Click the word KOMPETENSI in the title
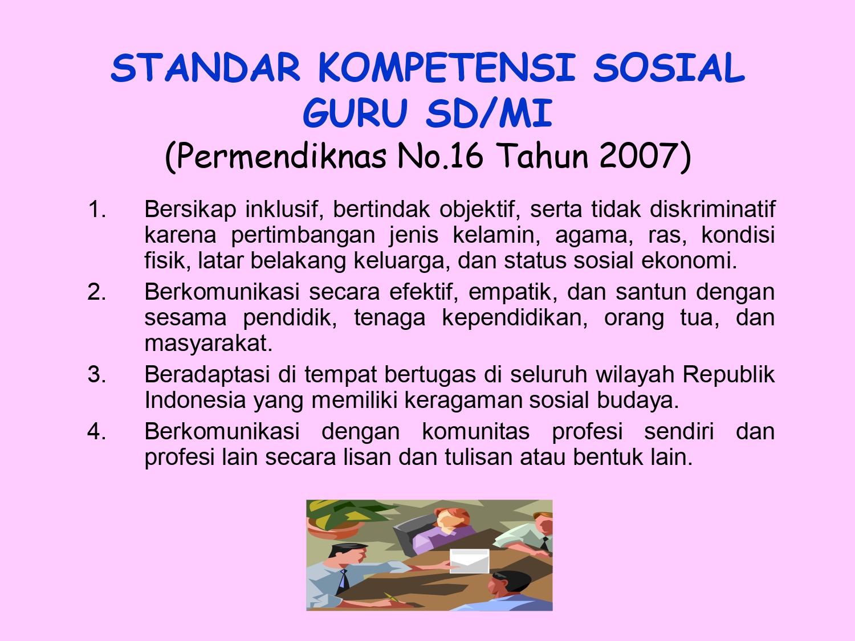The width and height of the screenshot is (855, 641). (x=447, y=68)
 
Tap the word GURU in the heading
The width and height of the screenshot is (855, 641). (x=355, y=113)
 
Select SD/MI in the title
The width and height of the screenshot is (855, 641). (x=489, y=113)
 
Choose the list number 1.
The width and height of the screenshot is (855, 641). (x=97, y=210)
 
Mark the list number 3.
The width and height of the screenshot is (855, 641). (x=97, y=375)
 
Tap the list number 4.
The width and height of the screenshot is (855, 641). (x=97, y=431)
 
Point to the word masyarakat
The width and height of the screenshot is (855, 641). (x=208, y=343)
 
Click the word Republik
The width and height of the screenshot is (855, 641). (x=728, y=375)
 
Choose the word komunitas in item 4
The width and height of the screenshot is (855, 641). (x=475, y=431)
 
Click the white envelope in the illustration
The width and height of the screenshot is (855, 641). (x=469, y=561)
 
